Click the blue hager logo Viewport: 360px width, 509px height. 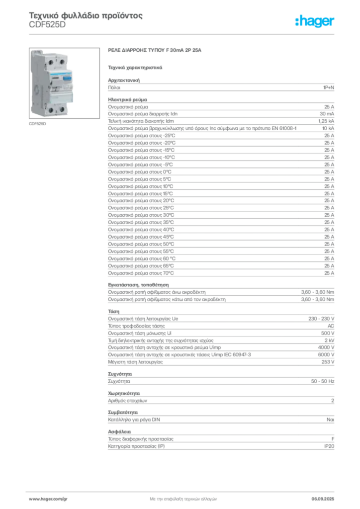(x=315, y=21)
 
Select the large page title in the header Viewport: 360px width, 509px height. (x=87, y=17)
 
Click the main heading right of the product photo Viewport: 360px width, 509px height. (x=155, y=51)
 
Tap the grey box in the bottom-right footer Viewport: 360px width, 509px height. (x=327, y=497)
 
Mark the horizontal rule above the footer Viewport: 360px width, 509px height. (x=182, y=490)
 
